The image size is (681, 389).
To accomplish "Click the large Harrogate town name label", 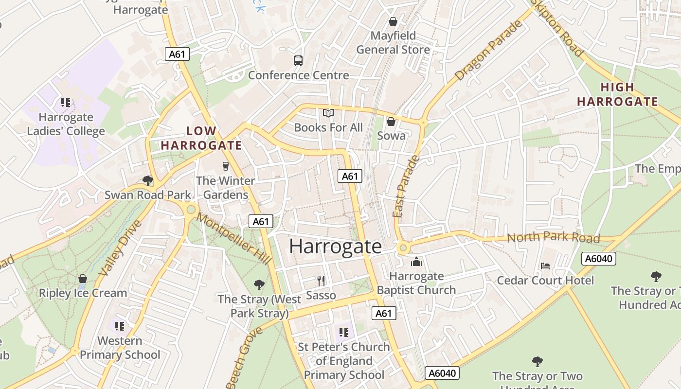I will click(335, 247).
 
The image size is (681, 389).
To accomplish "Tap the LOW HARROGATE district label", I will click(201, 138).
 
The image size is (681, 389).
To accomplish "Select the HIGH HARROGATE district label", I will click(617, 94).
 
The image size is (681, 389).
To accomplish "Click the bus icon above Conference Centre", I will click(298, 61).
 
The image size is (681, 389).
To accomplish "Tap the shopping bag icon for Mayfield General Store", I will click(393, 21).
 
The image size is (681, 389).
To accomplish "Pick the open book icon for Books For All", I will click(328, 113).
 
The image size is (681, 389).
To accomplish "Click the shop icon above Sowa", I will click(391, 122).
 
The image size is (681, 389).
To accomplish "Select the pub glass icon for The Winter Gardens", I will click(225, 166).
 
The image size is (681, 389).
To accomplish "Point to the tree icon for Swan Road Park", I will click(148, 181).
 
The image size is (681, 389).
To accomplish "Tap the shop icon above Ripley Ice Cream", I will click(83, 279).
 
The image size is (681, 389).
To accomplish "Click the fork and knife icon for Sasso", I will click(321, 281).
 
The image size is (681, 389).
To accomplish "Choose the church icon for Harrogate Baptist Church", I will click(416, 262).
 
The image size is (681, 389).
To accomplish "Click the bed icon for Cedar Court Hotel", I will click(545, 266).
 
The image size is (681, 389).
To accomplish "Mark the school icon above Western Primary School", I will click(120, 326).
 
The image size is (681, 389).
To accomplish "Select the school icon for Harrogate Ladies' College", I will click(66, 103).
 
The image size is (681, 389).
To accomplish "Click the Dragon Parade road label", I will click(488, 51).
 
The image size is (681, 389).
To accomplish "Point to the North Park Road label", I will click(553, 237).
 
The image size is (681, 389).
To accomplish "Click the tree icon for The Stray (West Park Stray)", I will click(259, 284).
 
